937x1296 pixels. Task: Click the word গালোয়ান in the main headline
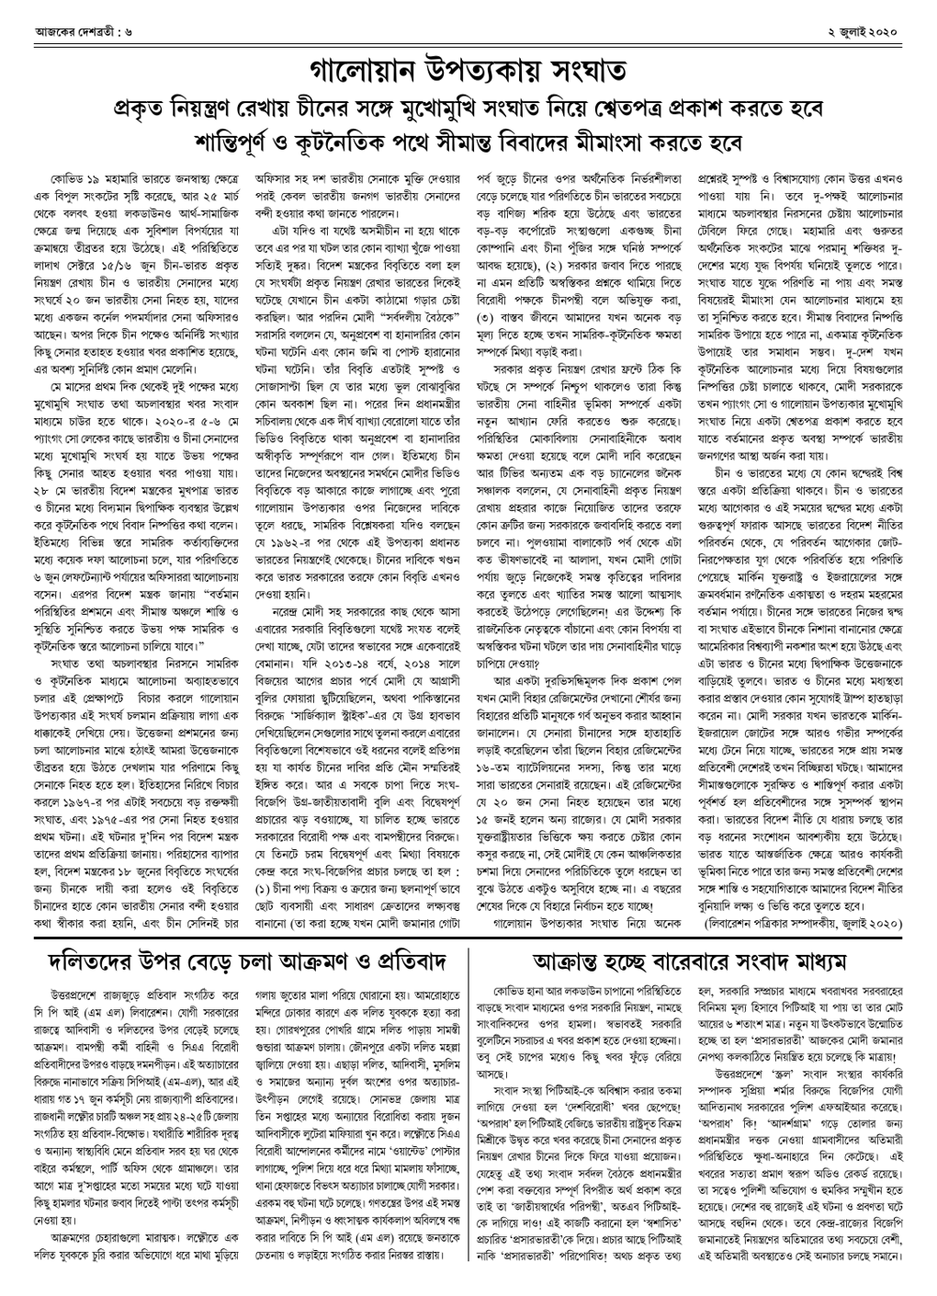coord(358,70)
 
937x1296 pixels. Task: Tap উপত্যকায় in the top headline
coord(480,70)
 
